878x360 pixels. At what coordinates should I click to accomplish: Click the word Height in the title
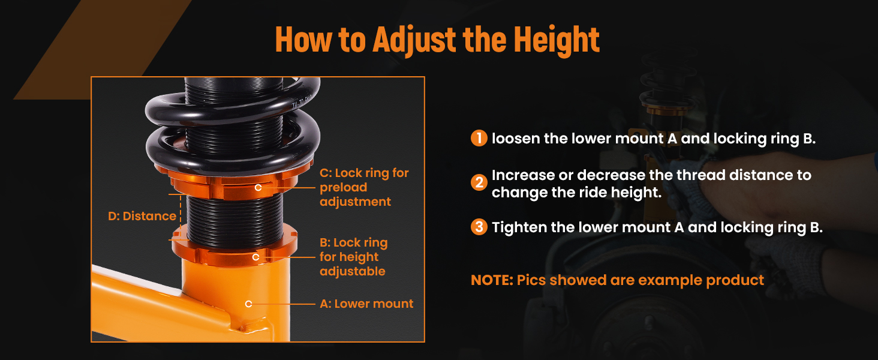(x=556, y=40)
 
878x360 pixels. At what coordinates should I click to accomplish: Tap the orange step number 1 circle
(x=479, y=138)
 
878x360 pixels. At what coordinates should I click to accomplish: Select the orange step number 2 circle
(x=479, y=183)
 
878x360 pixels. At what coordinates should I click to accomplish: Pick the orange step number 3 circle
(x=479, y=227)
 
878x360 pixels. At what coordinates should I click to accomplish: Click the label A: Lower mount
(x=366, y=304)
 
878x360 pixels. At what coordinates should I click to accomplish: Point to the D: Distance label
(x=142, y=216)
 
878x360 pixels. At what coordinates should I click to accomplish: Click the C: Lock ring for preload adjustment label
(x=364, y=187)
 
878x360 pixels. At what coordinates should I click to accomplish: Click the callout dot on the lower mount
(x=248, y=304)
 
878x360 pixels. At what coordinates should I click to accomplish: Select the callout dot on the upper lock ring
(x=258, y=188)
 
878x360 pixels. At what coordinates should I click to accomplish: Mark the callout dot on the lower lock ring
(x=255, y=257)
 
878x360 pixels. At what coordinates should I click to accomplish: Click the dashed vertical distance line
(x=181, y=217)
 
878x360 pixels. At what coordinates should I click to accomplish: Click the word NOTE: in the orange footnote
(x=492, y=280)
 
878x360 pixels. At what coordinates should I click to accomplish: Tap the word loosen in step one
(x=516, y=139)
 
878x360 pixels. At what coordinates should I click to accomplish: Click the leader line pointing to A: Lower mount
(x=283, y=304)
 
